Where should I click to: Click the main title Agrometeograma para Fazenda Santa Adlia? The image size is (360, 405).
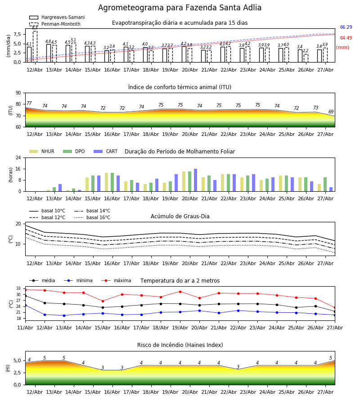point(180,8)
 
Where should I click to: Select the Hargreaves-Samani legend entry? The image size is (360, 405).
point(57,17)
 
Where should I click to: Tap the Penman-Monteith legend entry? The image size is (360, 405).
point(55,24)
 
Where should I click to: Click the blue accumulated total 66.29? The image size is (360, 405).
point(346,27)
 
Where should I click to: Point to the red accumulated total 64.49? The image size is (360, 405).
point(346,38)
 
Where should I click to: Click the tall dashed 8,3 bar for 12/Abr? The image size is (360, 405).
point(35,46)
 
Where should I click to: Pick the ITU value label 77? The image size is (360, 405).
point(29,103)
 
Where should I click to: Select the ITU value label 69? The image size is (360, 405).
point(331,112)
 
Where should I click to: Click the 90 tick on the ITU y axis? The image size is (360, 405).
point(18,93)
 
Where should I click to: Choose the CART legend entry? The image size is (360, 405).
point(105,151)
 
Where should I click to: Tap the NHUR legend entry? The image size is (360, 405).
point(42,151)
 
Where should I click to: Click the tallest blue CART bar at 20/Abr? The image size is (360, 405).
point(195,180)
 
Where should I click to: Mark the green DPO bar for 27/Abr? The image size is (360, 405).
point(325,184)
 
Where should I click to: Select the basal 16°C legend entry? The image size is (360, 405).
point(92,217)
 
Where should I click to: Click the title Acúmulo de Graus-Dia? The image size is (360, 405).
point(180,216)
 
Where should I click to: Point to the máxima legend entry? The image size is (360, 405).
point(116,280)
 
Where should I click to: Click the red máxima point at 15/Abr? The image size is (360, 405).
point(103,301)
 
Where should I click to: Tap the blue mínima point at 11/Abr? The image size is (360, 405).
point(25,305)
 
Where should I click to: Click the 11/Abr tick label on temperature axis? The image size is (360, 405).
point(25,328)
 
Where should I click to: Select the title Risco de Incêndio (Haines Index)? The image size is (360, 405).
point(180,345)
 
